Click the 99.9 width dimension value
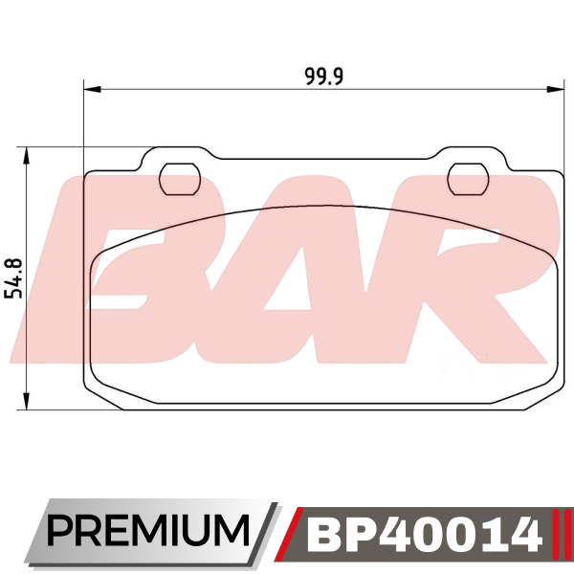click(324, 77)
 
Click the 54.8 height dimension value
click(15, 277)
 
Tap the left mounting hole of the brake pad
click(180, 179)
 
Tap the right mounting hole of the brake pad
click(468, 179)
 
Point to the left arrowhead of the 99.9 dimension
click(92, 89)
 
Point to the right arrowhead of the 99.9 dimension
click(555, 89)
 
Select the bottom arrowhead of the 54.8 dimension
click(26, 401)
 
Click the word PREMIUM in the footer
click(147, 530)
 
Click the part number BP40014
click(424, 533)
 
